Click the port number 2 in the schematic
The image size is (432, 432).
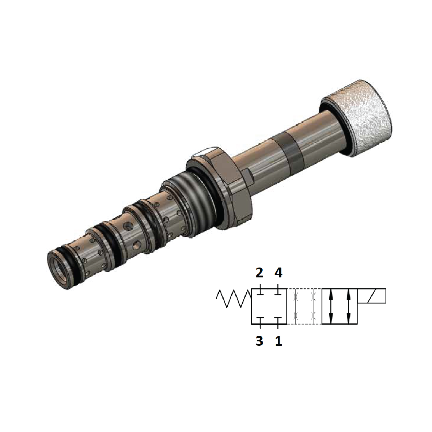coord(259,273)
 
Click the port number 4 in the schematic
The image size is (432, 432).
coord(278,273)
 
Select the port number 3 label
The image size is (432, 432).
coord(259,341)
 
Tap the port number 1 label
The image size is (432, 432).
coord(278,341)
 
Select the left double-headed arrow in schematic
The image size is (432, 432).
coord(331,306)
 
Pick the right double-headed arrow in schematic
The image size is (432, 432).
coord(348,306)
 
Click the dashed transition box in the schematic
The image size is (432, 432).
coord(304,306)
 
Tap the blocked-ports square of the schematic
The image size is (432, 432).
coord(269,306)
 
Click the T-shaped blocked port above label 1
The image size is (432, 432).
coord(278,321)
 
